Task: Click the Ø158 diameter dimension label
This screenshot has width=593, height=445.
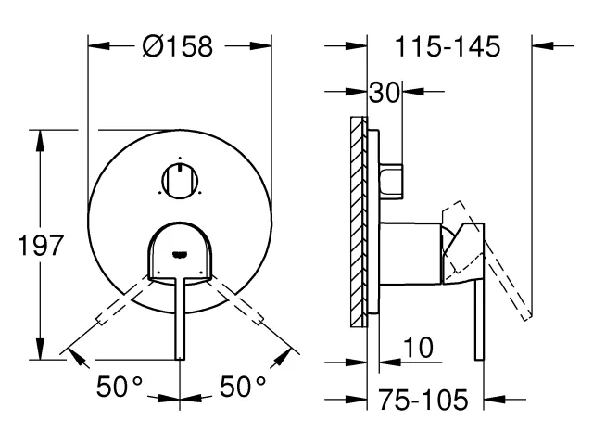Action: (x=180, y=46)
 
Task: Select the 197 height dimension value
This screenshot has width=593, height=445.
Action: (x=41, y=246)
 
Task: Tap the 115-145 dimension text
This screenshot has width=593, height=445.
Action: (x=448, y=44)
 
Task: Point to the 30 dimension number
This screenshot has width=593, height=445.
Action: (x=385, y=92)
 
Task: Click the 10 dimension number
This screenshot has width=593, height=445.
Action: (x=419, y=350)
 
